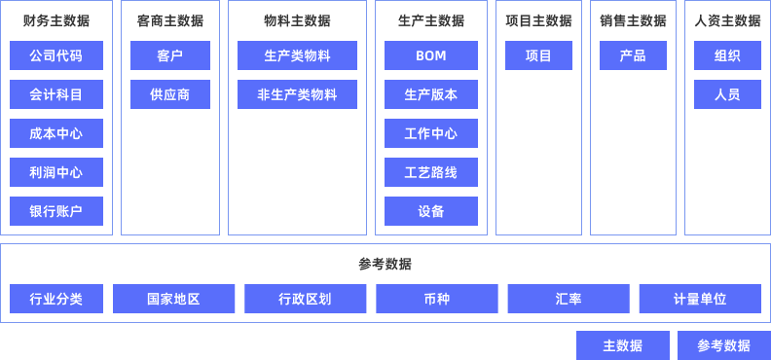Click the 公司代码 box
pos(56,56)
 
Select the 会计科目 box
pos(56,94)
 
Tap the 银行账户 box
pos(56,211)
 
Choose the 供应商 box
pos(170,94)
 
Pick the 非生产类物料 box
pos(297,94)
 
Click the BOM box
pos(430,56)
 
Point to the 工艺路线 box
pos(430,172)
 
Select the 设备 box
pos(430,211)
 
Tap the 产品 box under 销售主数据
pos(633,56)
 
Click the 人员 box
pos(727,94)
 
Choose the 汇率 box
pos(569,299)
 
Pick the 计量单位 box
pos(700,299)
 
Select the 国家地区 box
pos(173,299)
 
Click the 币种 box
pos(437,299)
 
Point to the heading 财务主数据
pos(56,20)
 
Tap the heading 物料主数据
pos(297,20)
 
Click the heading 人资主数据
pos(727,20)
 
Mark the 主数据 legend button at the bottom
pos(623,345)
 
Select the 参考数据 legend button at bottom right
pos(724,345)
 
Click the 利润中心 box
pos(56,172)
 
